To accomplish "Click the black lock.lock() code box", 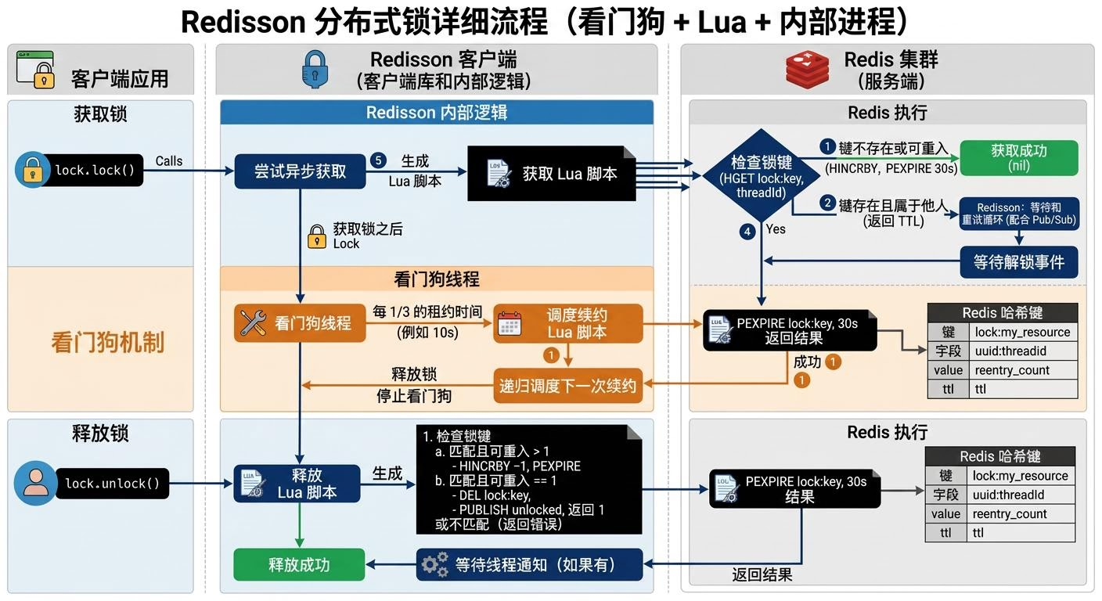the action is tap(94, 170).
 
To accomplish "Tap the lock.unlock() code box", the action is tap(112, 483).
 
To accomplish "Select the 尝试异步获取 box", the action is tap(300, 171).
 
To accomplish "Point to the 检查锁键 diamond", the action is tap(761, 175).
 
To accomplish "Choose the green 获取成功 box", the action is tap(1018, 157).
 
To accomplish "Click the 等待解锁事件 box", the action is tap(1018, 262).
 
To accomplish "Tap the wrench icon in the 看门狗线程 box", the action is tap(254, 322).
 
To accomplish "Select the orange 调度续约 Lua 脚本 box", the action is tap(567, 323).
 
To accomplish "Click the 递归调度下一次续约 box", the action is tap(567, 385).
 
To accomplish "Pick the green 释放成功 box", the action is tap(299, 564).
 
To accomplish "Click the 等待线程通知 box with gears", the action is tap(529, 564).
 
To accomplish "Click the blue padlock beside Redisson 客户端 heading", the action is tap(315, 69).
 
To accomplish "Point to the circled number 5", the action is tap(379, 160).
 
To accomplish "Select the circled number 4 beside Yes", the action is tap(748, 231).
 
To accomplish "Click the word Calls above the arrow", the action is tap(168, 161).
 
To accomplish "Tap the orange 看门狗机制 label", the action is tap(107, 342).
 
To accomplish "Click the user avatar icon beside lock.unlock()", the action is tap(35, 483).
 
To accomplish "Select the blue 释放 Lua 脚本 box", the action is tap(297, 484).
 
